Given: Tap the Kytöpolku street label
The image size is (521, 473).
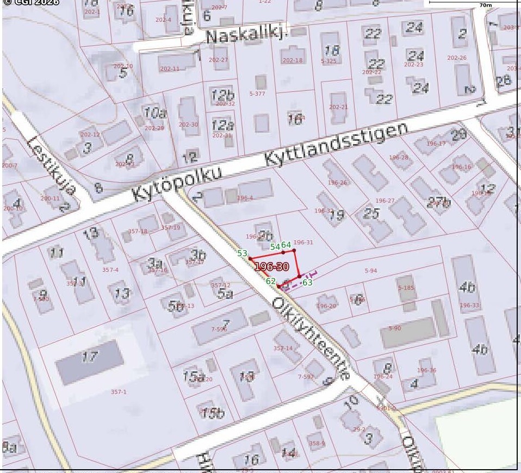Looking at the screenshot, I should click(178, 184).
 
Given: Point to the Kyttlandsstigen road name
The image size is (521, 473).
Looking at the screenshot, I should click(336, 145).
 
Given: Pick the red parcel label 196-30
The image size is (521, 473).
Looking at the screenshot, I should click(271, 266).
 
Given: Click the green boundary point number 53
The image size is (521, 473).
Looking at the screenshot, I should click(243, 253).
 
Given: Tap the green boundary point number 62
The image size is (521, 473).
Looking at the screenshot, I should click(271, 281).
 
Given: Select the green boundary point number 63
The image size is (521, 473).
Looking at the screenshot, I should click(307, 283).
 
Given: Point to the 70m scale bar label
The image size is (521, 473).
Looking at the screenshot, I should click(486, 5).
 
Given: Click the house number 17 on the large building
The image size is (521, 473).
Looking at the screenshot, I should click(90, 357).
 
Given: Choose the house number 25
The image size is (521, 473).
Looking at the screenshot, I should click(371, 213).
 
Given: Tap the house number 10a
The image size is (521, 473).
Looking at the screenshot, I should click(155, 113).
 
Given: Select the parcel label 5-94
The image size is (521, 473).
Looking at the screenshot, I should click(371, 270).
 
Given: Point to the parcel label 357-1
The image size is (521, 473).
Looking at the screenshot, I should click(119, 392).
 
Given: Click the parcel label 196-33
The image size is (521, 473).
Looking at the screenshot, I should click(469, 306).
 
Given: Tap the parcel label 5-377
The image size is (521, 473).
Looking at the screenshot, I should click(257, 94).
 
